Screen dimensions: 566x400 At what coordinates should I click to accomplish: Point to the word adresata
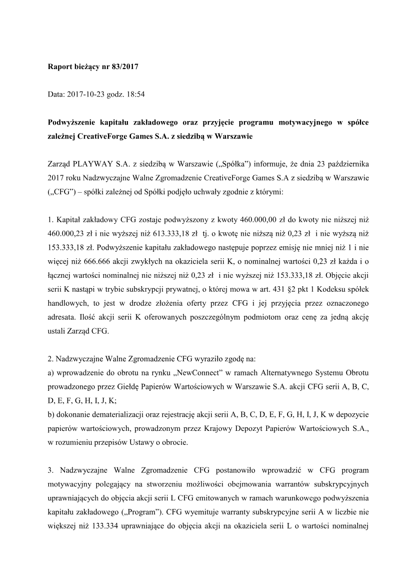pyautogui.click(x=63, y=317)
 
